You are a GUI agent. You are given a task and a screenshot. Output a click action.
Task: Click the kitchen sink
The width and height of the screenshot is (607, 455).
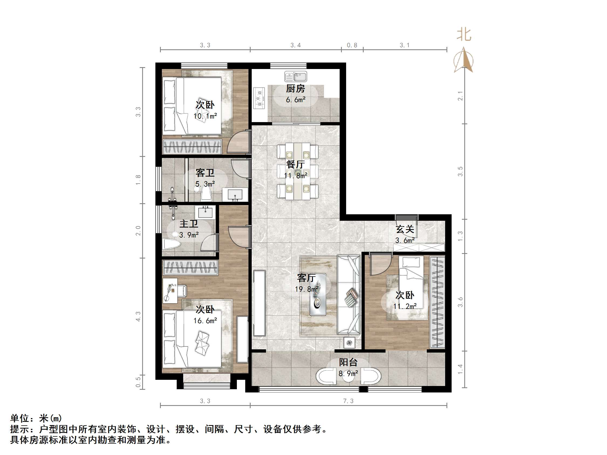[x=296, y=77]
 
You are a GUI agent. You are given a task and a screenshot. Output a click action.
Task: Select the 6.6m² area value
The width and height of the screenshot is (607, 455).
[x=296, y=100]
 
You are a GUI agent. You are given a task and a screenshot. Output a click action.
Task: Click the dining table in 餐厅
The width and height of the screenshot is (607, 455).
[x=298, y=171]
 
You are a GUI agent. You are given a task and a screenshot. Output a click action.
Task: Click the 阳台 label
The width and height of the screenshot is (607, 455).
[x=348, y=362]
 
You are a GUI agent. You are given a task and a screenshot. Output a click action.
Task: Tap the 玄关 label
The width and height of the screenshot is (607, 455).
[x=405, y=229]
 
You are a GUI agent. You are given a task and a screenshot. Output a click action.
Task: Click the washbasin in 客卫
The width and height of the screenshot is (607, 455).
[x=235, y=194]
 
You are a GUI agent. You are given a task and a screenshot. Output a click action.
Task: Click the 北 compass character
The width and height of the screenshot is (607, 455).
[x=464, y=35]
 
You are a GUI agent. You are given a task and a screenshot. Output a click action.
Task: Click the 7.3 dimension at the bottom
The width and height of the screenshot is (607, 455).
[x=348, y=401]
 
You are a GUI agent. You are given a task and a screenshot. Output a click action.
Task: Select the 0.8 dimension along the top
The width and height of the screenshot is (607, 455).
[x=352, y=45]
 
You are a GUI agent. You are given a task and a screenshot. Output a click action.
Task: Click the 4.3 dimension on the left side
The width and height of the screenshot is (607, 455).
[x=138, y=316]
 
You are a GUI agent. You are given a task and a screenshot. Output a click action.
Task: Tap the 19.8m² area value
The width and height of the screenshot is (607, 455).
[x=306, y=289]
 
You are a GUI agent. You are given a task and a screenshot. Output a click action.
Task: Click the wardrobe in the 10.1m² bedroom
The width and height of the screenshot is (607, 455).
[x=192, y=146]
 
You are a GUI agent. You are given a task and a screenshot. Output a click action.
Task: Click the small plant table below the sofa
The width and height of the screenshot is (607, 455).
[x=349, y=343]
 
